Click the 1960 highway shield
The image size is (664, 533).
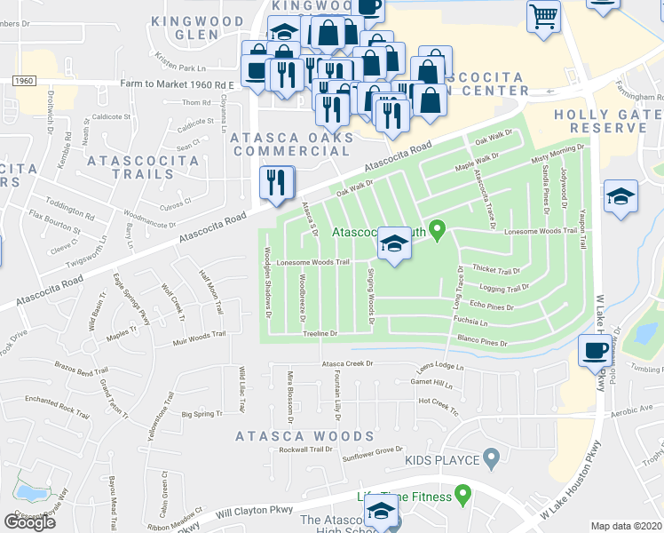(x=24, y=81)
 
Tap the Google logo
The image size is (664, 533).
(x=29, y=522)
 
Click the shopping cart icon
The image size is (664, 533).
(x=543, y=16)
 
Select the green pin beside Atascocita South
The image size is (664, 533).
(x=436, y=231)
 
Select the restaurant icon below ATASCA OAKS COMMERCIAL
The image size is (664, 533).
(x=275, y=183)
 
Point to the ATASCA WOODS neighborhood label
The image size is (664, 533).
(x=304, y=436)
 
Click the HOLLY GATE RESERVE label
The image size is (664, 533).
(x=600, y=122)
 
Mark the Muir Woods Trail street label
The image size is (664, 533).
(x=190, y=338)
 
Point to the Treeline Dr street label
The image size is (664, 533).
(x=321, y=333)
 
